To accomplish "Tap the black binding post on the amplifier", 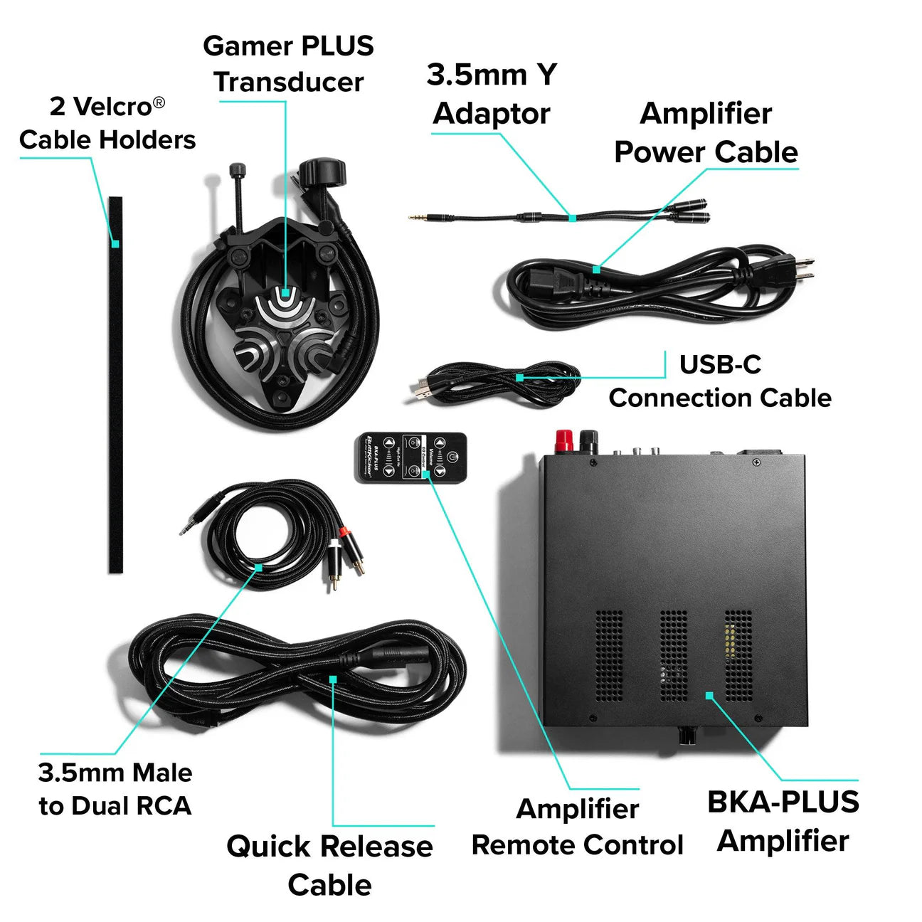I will click(589, 440).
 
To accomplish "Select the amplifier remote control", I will click(411, 457).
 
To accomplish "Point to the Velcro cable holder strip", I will click(115, 384).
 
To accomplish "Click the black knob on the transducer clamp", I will click(322, 173).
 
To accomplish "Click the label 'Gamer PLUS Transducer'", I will click(288, 64).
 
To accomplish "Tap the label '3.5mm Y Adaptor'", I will click(492, 94).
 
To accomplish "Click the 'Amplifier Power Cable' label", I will click(706, 133).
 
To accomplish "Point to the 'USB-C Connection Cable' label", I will click(720, 381).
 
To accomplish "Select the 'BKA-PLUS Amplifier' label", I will click(783, 821).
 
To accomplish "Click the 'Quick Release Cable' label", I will click(329, 865).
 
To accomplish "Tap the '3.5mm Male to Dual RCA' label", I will click(115, 789).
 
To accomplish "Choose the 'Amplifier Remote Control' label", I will click(577, 827).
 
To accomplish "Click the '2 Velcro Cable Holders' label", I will click(107, 123).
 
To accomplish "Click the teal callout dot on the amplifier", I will click(709, 695).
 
